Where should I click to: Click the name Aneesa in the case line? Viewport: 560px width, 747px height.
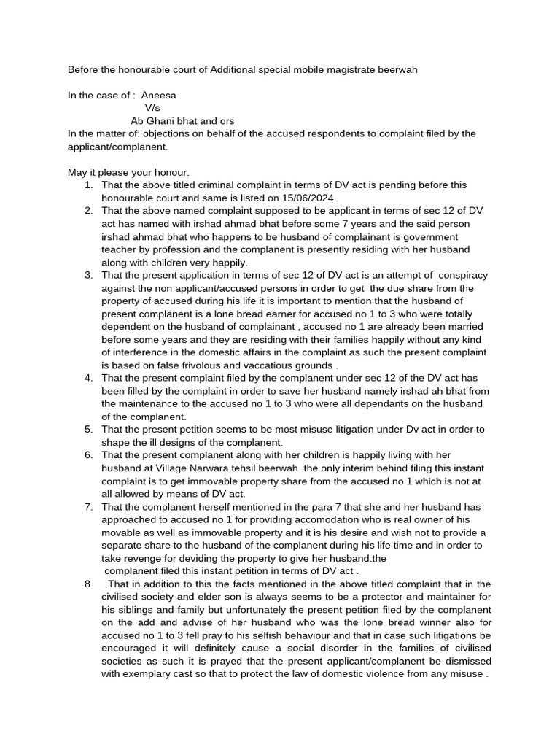pos(158,95)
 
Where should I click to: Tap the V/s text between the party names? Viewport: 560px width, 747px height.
pos(152,108)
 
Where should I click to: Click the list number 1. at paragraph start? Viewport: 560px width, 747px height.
pos(88,185)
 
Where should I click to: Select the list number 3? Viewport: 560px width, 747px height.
pos(88,275)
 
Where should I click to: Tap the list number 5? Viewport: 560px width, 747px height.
pos(88,429)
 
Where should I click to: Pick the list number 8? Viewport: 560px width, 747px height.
pos(87,584)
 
